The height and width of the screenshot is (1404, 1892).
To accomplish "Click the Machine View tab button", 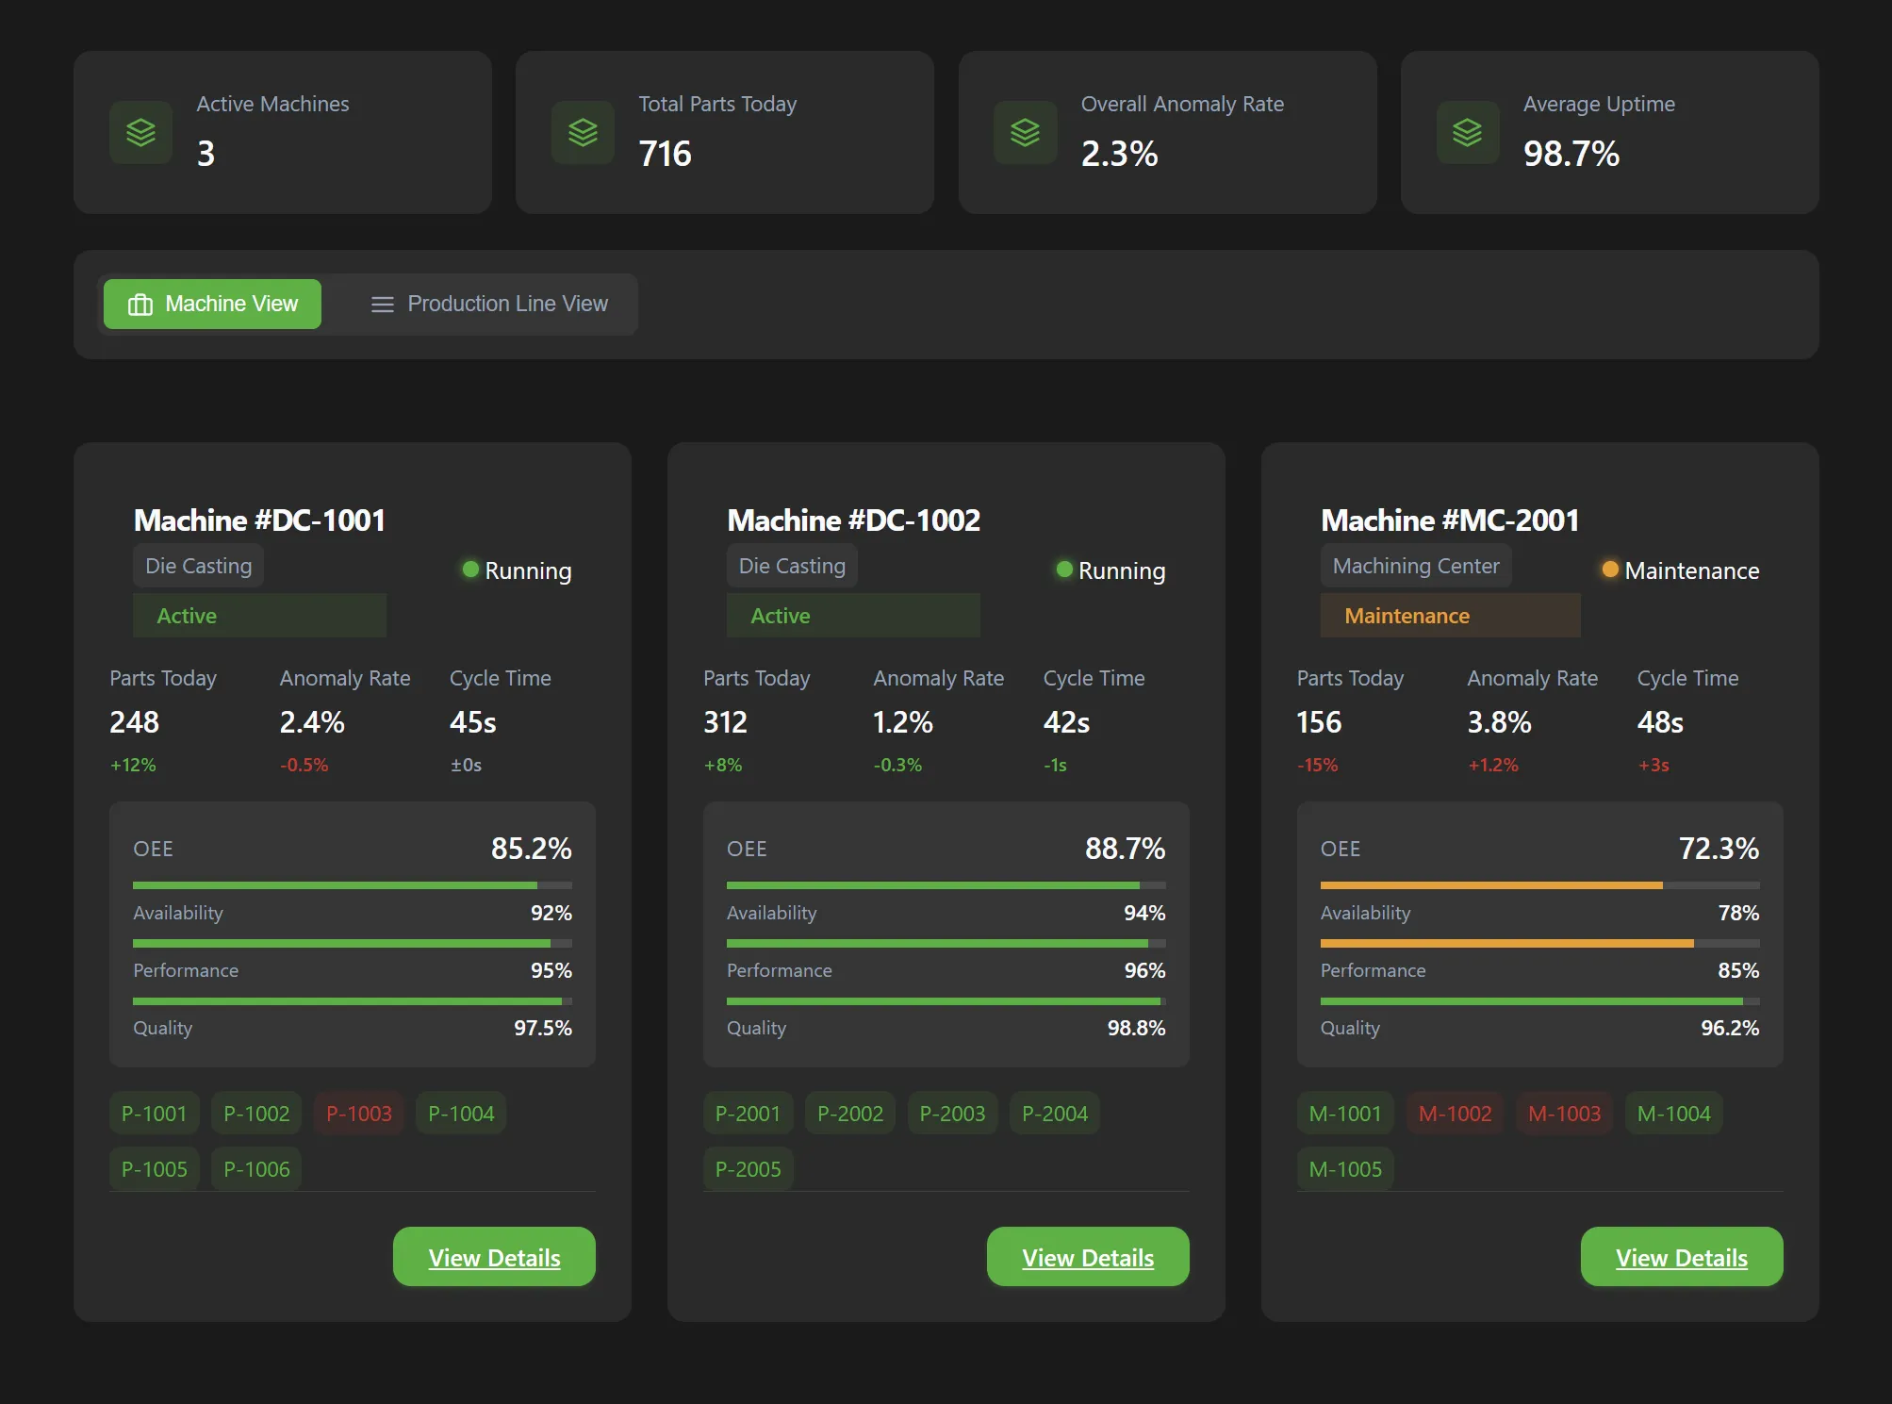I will pos(212,304).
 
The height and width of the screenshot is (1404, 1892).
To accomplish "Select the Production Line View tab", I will pos(488,304).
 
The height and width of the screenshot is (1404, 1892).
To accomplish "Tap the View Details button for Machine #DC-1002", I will pos(1087,1257).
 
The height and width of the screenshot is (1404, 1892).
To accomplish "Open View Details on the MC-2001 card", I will pos(1681,1257).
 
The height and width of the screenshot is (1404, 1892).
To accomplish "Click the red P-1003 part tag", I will pos(358,1114).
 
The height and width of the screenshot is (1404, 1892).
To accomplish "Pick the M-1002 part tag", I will pos(1455,1114).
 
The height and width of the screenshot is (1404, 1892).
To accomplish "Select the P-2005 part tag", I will pos(748,1169).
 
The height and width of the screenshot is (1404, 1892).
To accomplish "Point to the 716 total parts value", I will pos(665,154).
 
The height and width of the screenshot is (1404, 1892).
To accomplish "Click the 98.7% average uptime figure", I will pos(1571,154).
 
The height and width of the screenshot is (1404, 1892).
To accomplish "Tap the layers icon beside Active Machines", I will pos(140,133).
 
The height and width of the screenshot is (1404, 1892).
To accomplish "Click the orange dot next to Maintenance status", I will pos(1610,570).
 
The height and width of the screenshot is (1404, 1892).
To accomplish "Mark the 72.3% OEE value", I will pos(1718,849).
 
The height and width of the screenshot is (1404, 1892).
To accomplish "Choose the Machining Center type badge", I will pos(1415,566).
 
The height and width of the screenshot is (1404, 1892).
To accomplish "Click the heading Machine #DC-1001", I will pos(259,520).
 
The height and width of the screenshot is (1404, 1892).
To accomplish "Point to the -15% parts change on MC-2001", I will pos(1317,765).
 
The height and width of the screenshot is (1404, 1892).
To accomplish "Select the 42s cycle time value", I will pos(1066,722).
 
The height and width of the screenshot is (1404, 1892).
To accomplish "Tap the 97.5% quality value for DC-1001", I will pos(542,1028).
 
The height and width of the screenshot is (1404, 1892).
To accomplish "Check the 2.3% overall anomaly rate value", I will pos(1119,154).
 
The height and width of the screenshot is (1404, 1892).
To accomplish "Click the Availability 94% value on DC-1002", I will pos(1143,913).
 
